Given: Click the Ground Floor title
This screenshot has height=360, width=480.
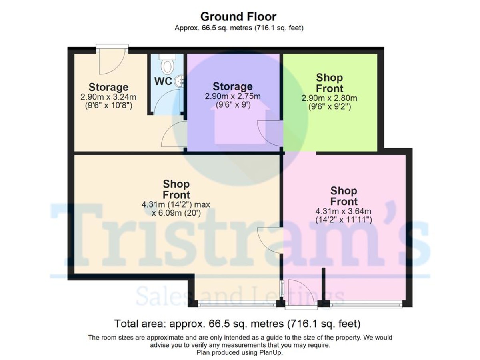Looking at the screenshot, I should (238, 17).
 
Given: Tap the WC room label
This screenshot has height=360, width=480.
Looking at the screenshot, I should (163, 81).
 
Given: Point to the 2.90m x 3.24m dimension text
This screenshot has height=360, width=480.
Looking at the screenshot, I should (108, 97).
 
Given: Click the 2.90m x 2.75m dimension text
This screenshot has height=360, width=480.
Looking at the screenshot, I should (232, 97).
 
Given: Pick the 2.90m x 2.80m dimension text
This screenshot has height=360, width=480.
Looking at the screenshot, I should (330, 98).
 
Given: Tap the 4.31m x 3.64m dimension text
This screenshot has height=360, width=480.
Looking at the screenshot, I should (344, 212).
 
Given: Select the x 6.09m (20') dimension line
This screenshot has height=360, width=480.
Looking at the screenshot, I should (176, 213).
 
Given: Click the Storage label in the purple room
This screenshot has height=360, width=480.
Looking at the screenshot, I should (232, 86).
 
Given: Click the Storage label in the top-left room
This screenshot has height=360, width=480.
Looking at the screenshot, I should (108, 87).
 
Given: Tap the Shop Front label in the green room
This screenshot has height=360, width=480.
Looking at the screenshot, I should (330, 82).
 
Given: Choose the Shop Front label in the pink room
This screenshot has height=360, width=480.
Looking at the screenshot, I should (344, 196).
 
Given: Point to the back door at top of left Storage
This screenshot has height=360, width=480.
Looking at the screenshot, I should (112, 60).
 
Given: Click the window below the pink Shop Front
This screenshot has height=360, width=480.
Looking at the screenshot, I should (366, 305).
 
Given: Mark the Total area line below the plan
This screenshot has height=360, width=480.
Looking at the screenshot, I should (238, 323).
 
